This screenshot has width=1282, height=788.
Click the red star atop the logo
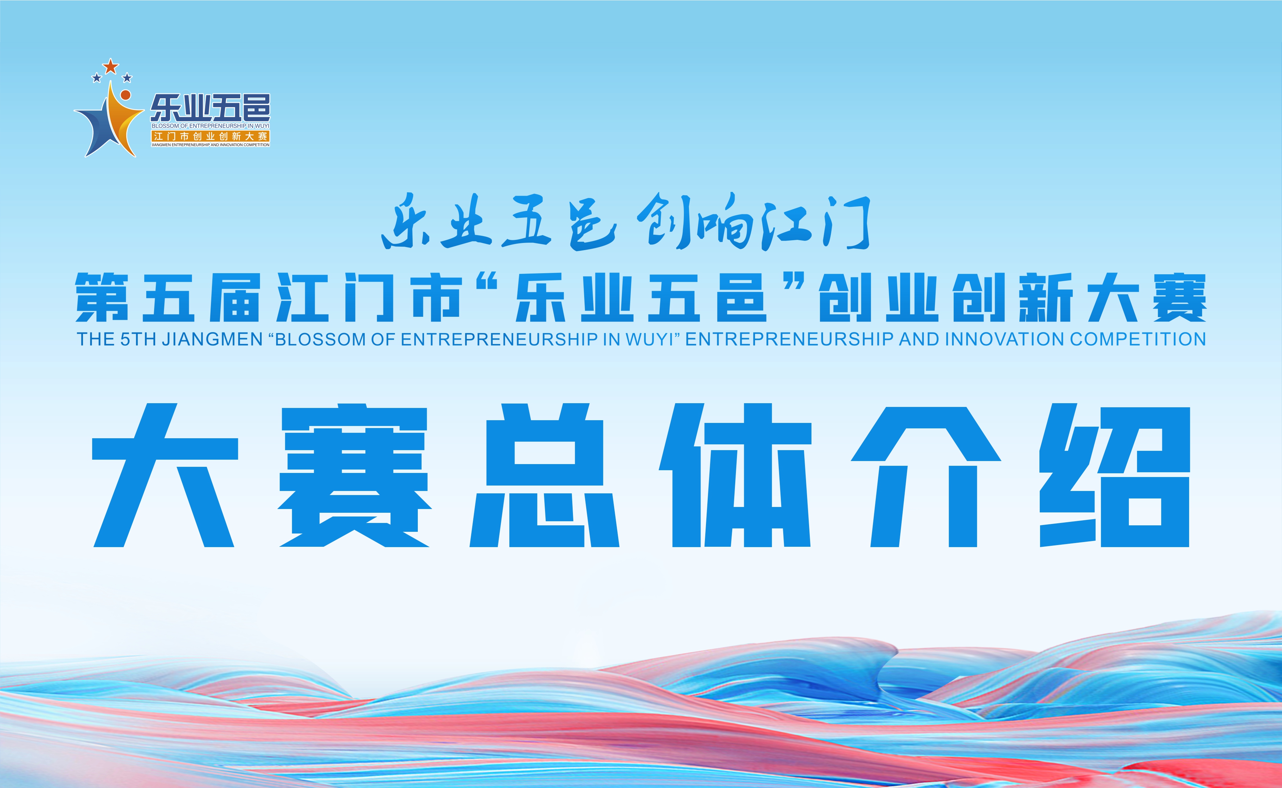111,66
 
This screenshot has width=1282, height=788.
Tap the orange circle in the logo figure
126,95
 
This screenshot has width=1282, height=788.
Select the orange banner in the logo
211,136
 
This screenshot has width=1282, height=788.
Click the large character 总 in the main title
545,476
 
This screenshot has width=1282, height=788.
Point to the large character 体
735,476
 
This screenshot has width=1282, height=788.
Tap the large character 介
925,476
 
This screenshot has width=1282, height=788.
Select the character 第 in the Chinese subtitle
102,298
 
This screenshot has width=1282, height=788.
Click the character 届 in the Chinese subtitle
234,298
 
